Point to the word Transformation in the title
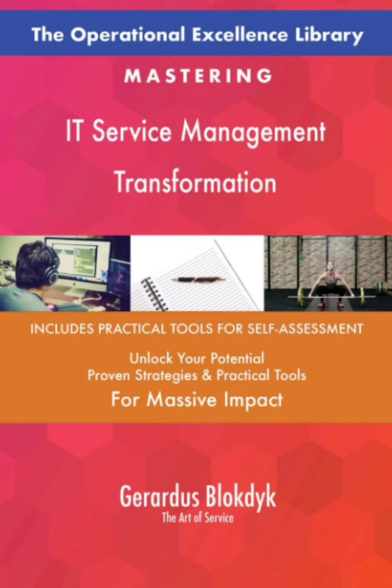point(196,181)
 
